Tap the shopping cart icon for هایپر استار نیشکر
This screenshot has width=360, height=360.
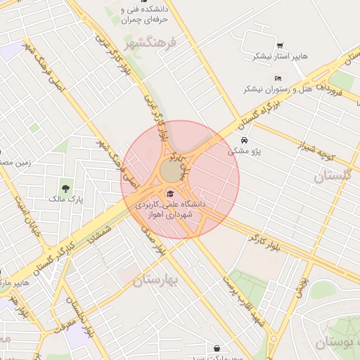(x=281, y=45)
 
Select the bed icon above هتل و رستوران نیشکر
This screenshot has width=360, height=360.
(x=278, y=78)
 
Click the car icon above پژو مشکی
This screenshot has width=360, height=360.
(x=243, y=141)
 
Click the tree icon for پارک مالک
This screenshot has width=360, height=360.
(x=66, y=188)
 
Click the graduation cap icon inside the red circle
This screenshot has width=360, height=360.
(x=169, y=194)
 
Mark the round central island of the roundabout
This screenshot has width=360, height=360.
(x=171, y=171)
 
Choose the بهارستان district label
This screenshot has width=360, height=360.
(x=155, y=279)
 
